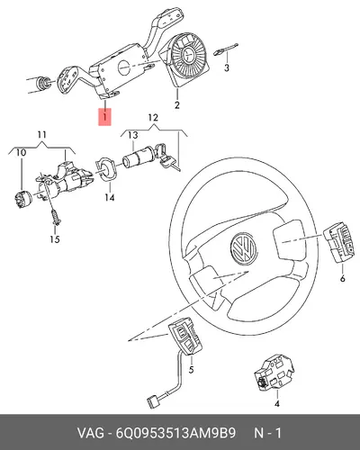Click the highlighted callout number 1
[104, 116]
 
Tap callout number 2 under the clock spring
[177, 105]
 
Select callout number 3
[227, 67]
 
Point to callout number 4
[277, 403]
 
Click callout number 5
[191, 370]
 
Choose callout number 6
[343, 278]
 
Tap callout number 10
[21, 153]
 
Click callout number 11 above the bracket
[41, 135]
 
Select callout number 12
[153, 117]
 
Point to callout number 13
[132, 135]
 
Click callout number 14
[110, 198]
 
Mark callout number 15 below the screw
[55, 239]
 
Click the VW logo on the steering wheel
[243, 247]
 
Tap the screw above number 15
[56, 217]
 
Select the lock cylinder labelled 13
[139, 158]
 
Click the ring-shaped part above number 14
[104, 169]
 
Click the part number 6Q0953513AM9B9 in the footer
[175, 433]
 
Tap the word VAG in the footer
[91, 433]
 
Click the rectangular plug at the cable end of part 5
[153, 400]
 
